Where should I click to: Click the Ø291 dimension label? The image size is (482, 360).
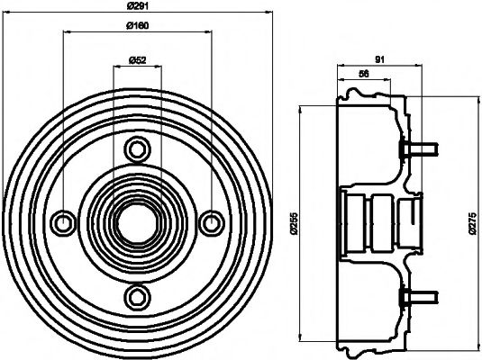[x=138, y=10]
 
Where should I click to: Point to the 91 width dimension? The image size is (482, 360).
[x=379, y=60]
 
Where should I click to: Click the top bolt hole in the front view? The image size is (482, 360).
[x=137, y=147]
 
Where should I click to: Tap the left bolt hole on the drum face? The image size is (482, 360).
[x=63, y=221]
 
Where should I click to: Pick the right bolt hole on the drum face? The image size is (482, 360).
[x=212, y=221]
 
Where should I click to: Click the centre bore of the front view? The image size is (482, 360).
[x=137, y=221]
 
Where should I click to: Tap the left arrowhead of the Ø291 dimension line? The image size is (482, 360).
[x=7, y=16]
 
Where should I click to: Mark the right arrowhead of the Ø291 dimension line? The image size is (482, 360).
[x=268, y=16]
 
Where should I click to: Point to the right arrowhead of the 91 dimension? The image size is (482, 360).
[x=418, y=67]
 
